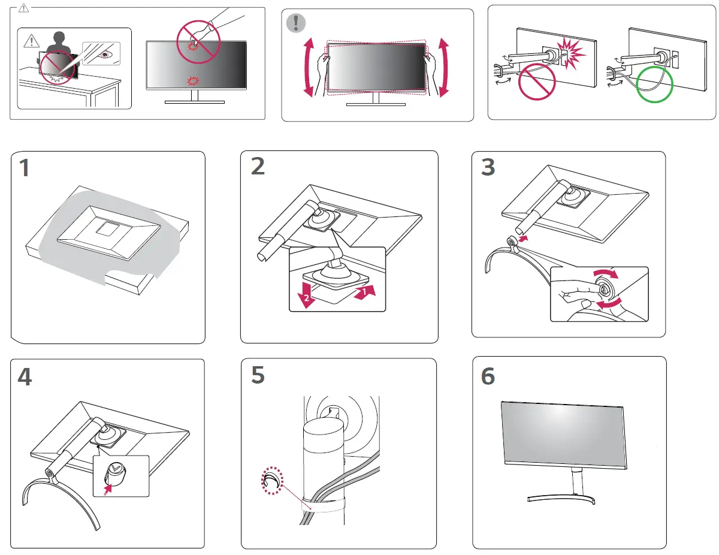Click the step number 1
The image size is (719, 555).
point(24,169)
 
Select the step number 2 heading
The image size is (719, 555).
point(258,166)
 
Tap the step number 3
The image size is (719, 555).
point(488,167)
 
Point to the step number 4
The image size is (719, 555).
point(25,376)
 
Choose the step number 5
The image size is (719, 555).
point(258,375)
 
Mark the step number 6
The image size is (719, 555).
point(488,376)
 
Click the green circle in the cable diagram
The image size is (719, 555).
point(654,85)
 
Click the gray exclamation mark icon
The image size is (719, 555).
point(295,23)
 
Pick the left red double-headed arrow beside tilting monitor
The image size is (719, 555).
point(309,67)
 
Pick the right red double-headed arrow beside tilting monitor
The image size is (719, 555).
point(444,67)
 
